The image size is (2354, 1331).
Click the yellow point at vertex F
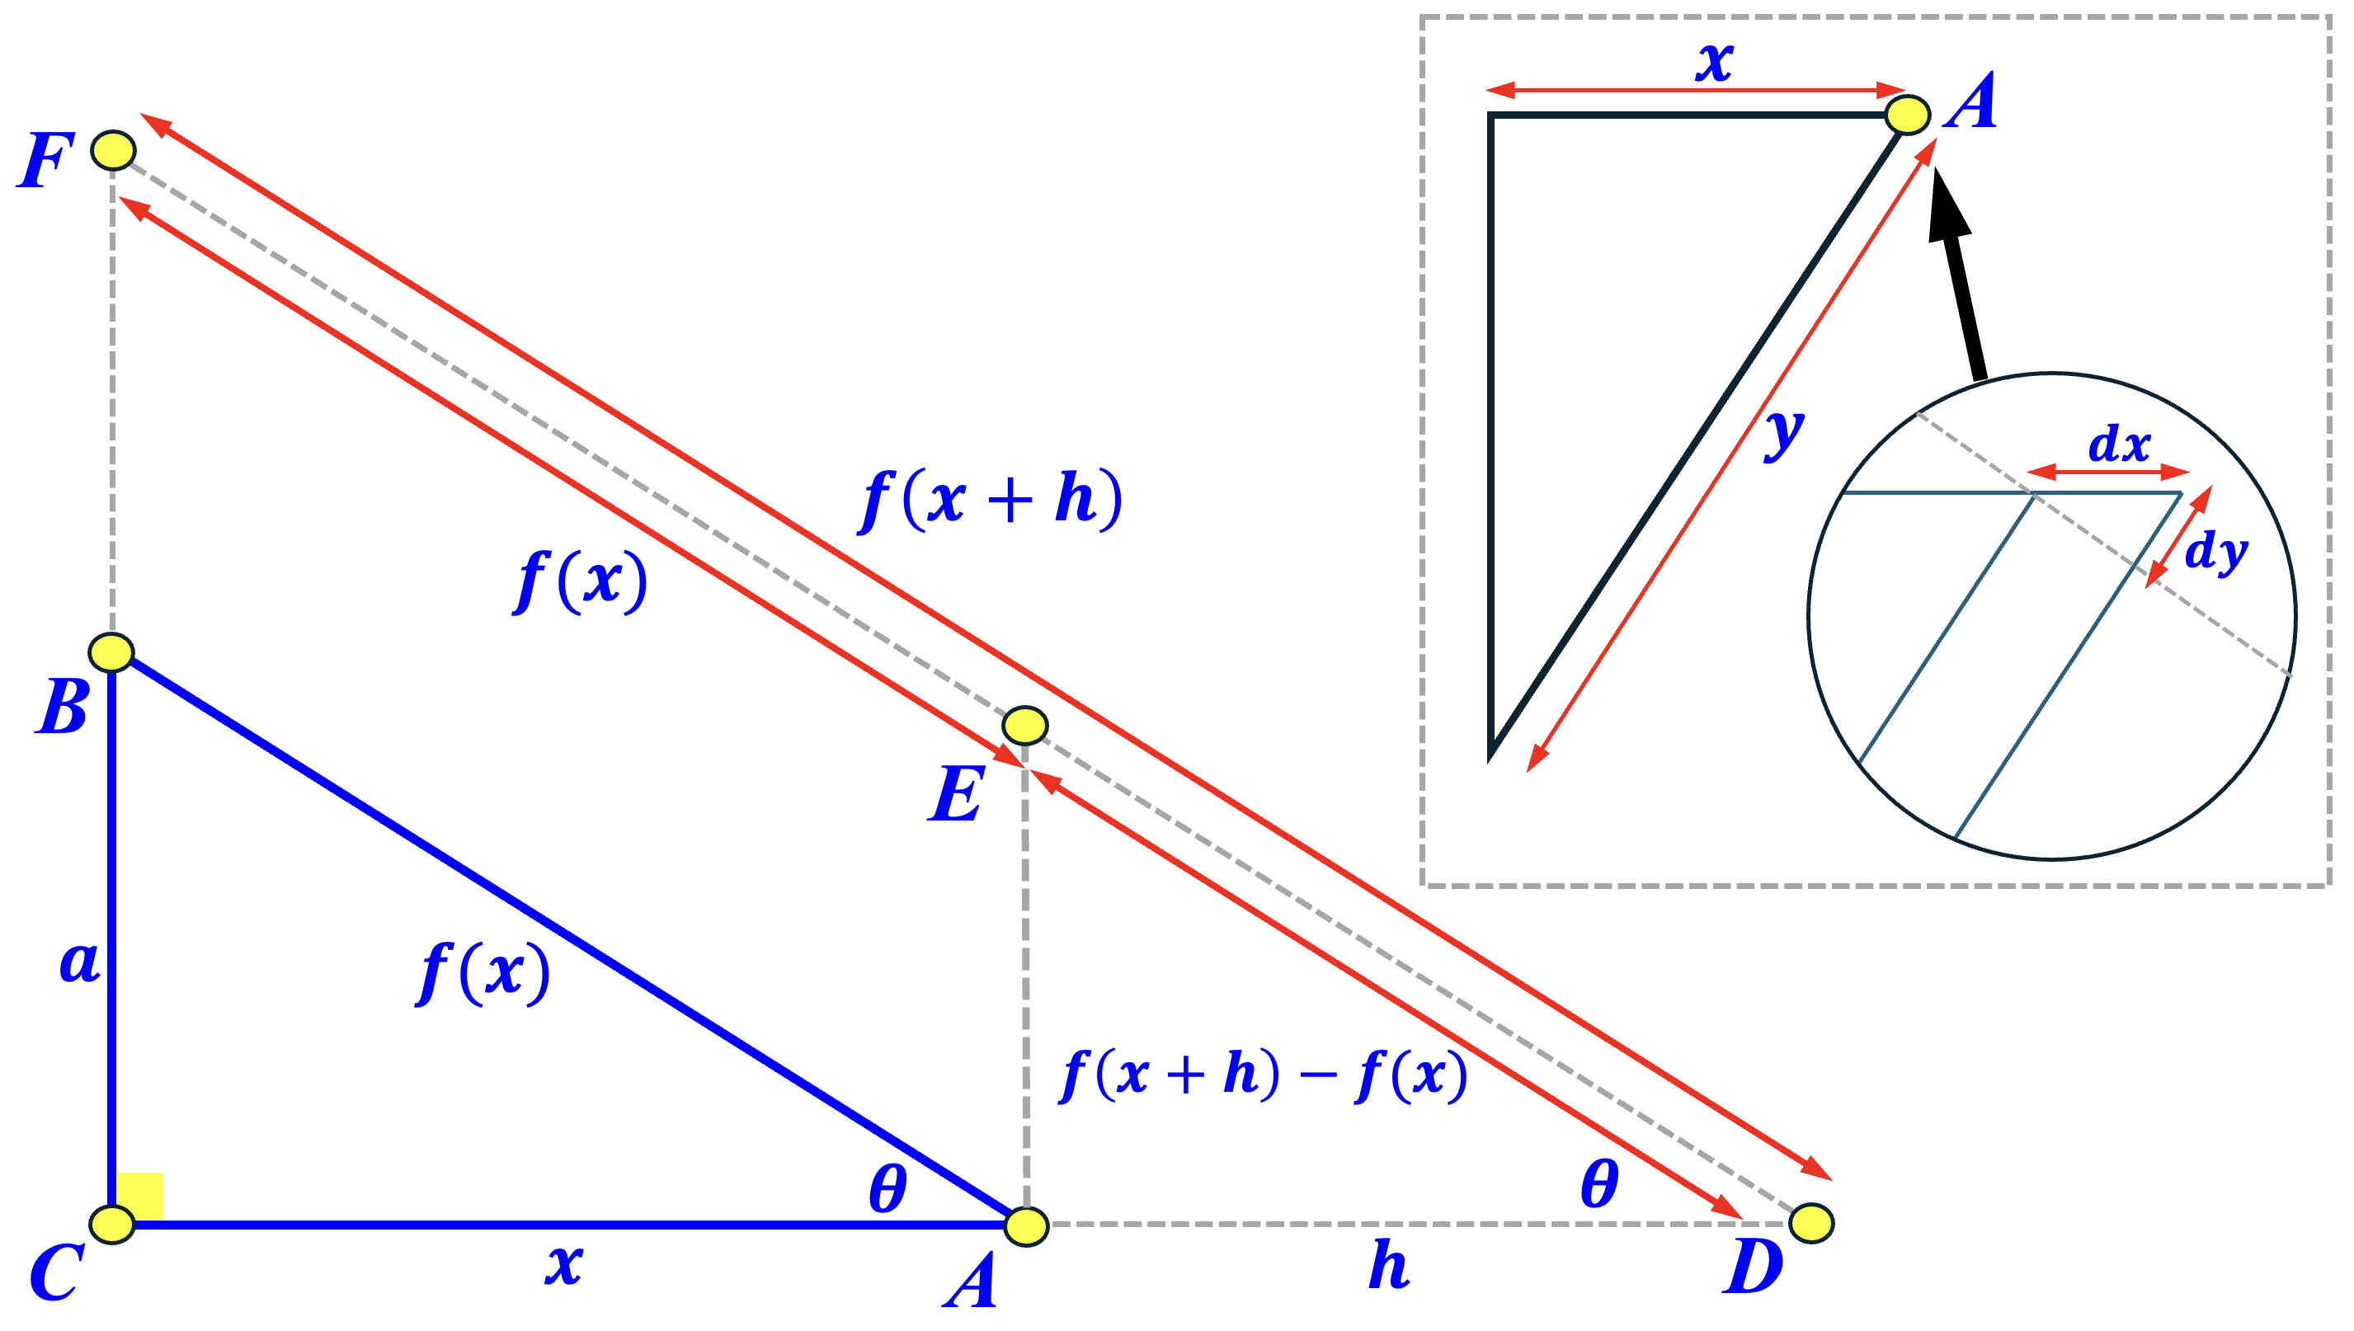113,150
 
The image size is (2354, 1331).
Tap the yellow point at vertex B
111,651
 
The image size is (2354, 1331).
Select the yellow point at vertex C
112,1223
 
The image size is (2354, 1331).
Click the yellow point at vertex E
1024,725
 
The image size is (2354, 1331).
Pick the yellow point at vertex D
1811,1223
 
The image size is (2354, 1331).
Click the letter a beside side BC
79,962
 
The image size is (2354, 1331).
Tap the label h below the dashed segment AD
1389,1264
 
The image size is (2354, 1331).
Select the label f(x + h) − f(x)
1264,1075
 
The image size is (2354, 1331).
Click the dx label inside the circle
2119,444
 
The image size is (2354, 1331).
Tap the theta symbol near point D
1599,1184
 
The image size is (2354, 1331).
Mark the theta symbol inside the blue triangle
887,1188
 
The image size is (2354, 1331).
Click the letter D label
1753,1267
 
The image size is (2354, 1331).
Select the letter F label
44,161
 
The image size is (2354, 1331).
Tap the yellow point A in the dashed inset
1907,115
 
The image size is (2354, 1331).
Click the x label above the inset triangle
1714,62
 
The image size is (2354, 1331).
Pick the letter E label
955,793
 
